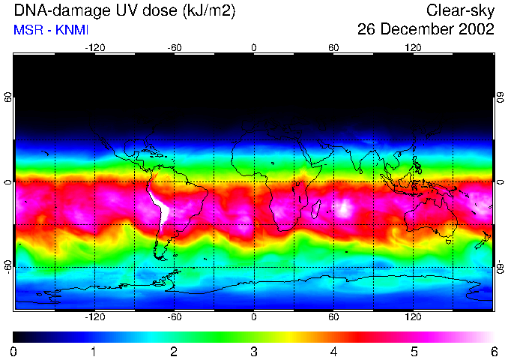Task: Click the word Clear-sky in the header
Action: [x=460, y=10]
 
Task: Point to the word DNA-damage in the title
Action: [x=58, y=10]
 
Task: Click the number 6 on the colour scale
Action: [x=493, y=351]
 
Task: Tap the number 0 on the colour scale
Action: [x=14, y=351]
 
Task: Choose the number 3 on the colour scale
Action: [x=254, y=351]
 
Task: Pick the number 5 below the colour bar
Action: [x=414, y=351]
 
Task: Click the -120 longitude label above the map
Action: [x=94, y=47]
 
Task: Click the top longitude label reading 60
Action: [x=333, y=47]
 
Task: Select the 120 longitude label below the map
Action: [x=413, y=317]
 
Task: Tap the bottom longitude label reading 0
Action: [x=254, y=317]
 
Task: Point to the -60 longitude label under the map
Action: [x=174, y=317]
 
